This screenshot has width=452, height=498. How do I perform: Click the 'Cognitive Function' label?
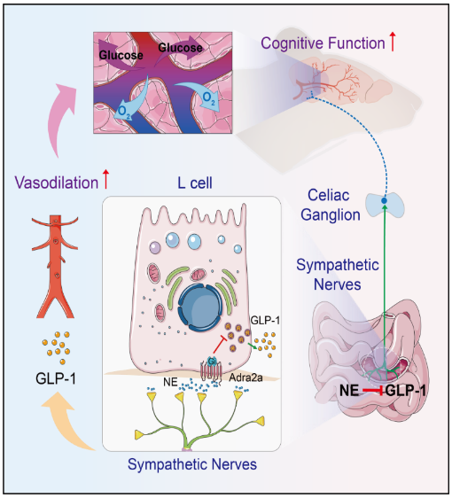click(323, 43)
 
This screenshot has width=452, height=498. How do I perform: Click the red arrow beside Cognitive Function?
click(393, 42)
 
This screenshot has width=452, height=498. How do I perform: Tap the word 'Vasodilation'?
click(57, 183)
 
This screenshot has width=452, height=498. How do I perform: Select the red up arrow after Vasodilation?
click(105, 180)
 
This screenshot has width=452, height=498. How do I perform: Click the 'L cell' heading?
click(195, 183)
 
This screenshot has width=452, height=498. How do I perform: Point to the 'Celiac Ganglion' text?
click(331, 205)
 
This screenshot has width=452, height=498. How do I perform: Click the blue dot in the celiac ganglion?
click(384, 201)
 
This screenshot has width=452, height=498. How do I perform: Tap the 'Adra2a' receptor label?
click(245, 377)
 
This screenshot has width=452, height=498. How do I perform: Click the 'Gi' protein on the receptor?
click(212, 362)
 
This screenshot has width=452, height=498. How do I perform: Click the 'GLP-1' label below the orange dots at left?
click(56, 378)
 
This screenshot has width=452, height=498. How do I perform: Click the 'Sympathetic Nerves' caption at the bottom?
click(192, 464)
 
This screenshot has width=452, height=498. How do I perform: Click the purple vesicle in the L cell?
click(155, 247)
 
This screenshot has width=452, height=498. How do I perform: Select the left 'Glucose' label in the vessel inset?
click(121, 55)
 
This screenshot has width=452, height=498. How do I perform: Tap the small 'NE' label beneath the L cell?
click(170, 382)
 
